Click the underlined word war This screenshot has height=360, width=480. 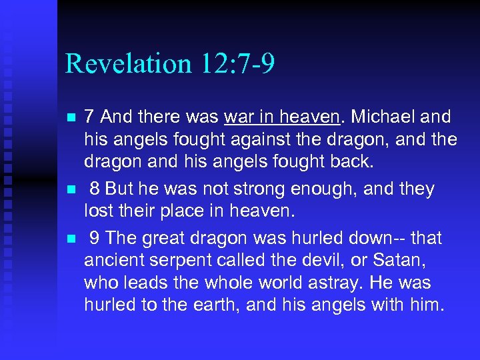click(239, 117)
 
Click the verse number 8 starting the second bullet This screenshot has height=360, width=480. click(95, 189)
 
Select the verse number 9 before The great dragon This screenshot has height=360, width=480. click(95, 238)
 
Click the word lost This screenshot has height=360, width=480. click(96, 212)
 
